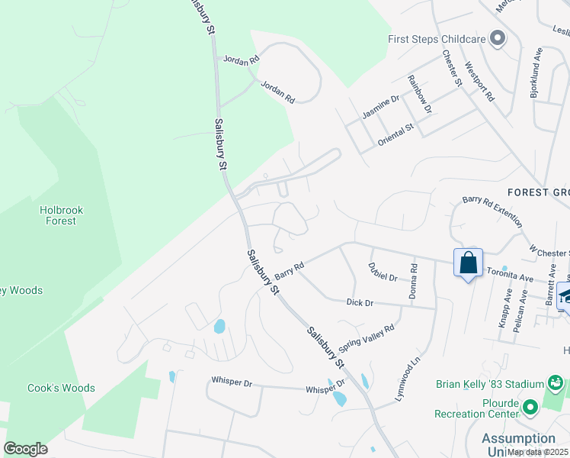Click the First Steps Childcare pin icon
[x=498, y=37]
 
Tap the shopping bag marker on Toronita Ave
[x=467, y=263]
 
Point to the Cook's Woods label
[x=61, y=388]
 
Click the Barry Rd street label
[x=290, y=269]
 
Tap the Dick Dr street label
[x=359, y=303]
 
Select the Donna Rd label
[x=413, y=280]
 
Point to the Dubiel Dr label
[x=383, y=272]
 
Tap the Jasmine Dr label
[x=380, y=107]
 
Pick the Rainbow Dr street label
[x=419, y=95]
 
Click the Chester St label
[x=453, y=68]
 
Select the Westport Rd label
[x=479, y=82]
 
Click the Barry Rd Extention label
[x=492, y=211]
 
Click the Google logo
[x=25, y=448]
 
